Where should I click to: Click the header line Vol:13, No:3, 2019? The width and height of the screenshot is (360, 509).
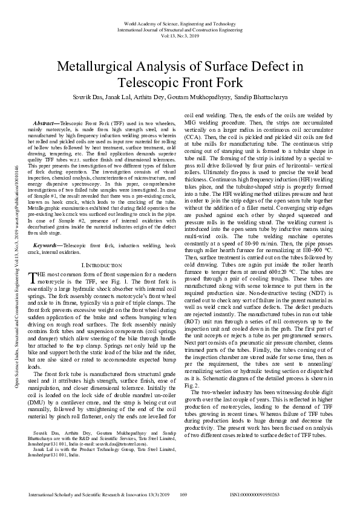click(x=180, y=34)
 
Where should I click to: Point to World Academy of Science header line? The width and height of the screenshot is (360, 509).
click(x=180, y=22)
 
